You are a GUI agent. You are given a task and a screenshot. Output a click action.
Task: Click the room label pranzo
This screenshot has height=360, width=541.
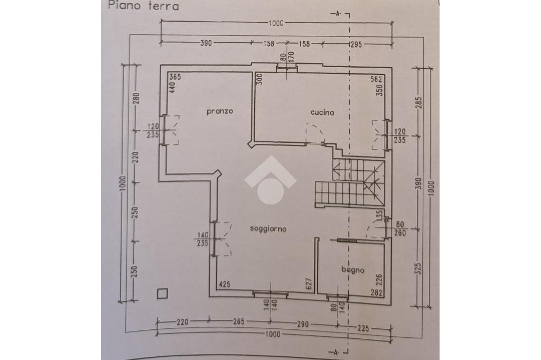[x=220, y=112]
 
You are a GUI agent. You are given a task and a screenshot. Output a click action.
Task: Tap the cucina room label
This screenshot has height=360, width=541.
[x=322, y=113]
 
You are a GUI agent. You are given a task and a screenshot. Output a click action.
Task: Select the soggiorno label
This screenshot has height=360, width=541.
[x=268, y=229]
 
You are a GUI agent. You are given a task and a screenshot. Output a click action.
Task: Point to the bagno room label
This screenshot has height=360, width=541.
[x=353, y=270]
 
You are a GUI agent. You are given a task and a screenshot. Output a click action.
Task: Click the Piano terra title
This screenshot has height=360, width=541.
[x=144, y=6]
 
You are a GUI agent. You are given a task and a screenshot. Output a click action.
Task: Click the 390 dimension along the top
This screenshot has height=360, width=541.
[x=206, y=43]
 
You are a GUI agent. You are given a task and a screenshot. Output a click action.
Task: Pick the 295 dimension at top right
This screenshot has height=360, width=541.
[x=356, y=44]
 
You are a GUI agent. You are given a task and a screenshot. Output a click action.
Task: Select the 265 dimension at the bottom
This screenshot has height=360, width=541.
[x=238, y=322]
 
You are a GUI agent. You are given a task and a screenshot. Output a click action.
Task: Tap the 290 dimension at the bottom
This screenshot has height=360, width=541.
[x=302, y=324]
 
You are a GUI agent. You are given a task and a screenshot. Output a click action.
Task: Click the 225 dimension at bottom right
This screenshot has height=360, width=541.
[x=362, y=328]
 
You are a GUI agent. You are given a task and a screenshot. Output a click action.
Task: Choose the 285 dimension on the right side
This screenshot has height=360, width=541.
[x=418, y=103]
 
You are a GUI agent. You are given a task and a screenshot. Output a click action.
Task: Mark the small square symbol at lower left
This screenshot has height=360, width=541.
[x=162, y=294]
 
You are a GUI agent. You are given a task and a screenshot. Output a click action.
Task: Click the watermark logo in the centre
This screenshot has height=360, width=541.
[x=270, y=180]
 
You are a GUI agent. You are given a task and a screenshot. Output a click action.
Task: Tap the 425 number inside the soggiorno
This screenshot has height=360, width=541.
[x=225, y=284]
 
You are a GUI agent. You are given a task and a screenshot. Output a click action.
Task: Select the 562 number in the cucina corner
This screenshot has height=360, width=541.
[x=376, y=79]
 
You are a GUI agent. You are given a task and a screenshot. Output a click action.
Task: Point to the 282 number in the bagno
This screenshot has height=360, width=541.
[x=376, y=293]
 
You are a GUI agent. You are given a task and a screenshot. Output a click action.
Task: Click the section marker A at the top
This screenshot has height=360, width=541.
[x=338, y=14]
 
